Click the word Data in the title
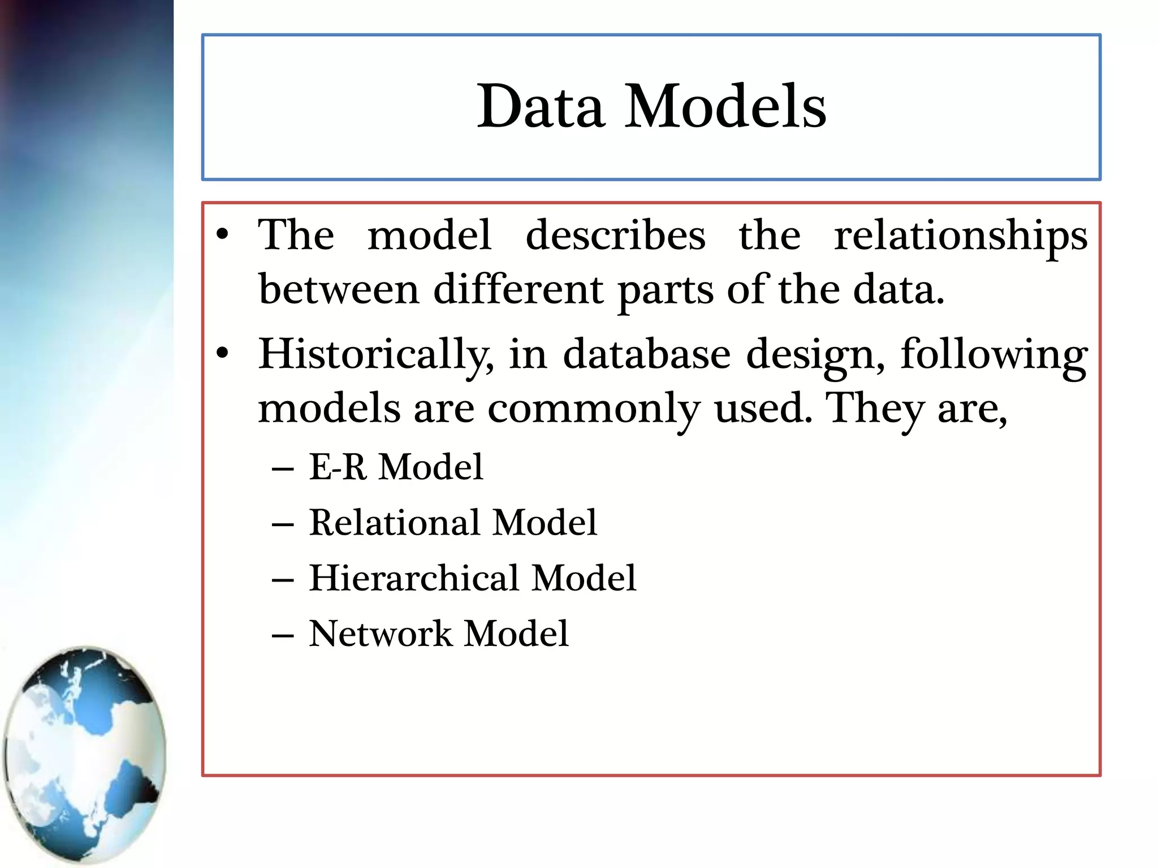pos(541,106)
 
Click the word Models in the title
pos(725,106)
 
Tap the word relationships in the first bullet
pos(961,236)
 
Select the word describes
pos(615,235)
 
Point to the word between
pos(339,289)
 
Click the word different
pos(518,289)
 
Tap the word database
pos(647,354)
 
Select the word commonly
pos(594,409)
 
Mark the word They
pos(874,408)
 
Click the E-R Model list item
pos(396,467)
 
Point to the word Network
pos(380,633)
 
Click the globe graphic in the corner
pos(85,754)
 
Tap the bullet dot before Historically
pos(223,354)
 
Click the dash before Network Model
pos(283,635)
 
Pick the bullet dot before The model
pos(223,235)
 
